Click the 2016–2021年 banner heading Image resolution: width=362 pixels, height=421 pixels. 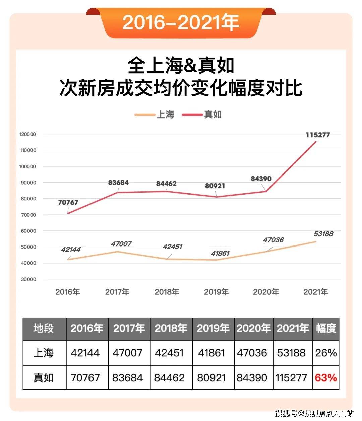click(181, 22)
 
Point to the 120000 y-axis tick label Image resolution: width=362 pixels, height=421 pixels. click(28, 134)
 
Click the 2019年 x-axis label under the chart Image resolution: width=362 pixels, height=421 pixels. click(216, 292)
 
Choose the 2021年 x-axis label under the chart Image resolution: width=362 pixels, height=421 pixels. click(315, 292)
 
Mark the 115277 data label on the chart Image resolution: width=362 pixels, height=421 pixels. click(318, 135)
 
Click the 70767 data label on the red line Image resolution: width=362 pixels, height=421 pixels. click(68, 202)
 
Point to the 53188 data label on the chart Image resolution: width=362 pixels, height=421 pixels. click(323, 234)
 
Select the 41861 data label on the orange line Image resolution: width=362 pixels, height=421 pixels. click(220, 253)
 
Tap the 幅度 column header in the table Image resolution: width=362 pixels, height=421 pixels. click(326, 328)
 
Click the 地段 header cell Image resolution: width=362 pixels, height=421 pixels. click(44, 328)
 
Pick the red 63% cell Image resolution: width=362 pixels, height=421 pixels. click(326, 378)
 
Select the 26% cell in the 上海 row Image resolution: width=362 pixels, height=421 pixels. click(326, 353)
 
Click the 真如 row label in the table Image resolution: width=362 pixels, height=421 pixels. click(44, 378)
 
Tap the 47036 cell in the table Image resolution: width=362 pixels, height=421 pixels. click(252, 353)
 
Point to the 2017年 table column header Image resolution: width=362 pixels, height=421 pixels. click(129, 328)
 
